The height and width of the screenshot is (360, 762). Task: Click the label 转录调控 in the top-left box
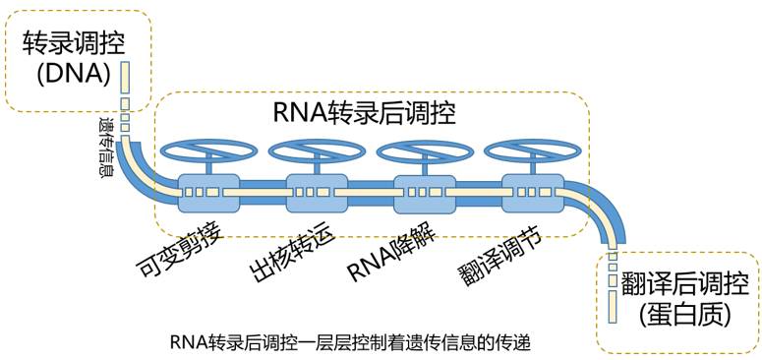[x=67, y=43]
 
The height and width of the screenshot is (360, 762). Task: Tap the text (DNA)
[x=67, y=77]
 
